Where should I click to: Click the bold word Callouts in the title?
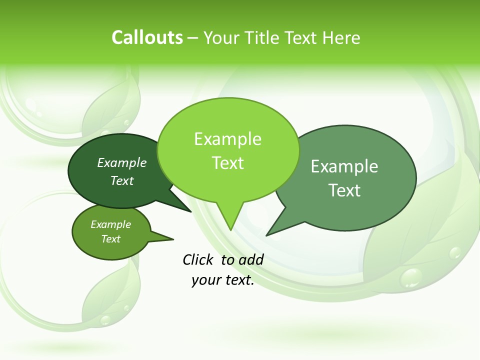(147, 37)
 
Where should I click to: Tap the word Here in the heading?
(342, 37)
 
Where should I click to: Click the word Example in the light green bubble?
(228, 139)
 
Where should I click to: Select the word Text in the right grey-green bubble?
(344, 190)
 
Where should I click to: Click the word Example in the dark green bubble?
(121, 162)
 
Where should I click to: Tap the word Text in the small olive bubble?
(111, 239)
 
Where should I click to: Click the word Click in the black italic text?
(198, 259)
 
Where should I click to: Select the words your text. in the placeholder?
(223, 280)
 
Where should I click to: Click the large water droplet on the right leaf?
(412, 277)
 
